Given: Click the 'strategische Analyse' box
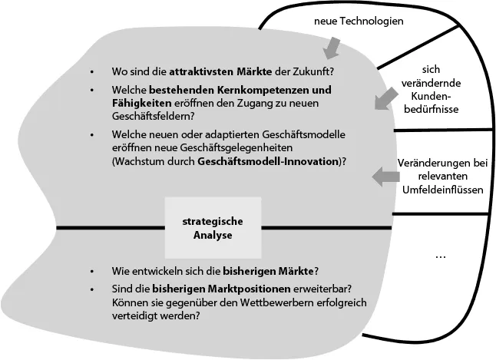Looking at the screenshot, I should click(x=207, y=227).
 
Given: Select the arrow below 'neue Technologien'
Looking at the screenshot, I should click(x=332, y=48).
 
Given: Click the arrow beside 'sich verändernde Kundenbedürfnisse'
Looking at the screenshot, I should click(x=385, y=99).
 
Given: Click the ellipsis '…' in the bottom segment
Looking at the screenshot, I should click(x=440, y=254).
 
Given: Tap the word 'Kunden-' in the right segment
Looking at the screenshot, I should click(x=435, y=97).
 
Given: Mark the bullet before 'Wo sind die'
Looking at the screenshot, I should click(x=91, y=71).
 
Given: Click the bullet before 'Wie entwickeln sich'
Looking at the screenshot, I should click(x=91, y=271).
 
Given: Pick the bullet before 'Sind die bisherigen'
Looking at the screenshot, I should click(x=91, y=289).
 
